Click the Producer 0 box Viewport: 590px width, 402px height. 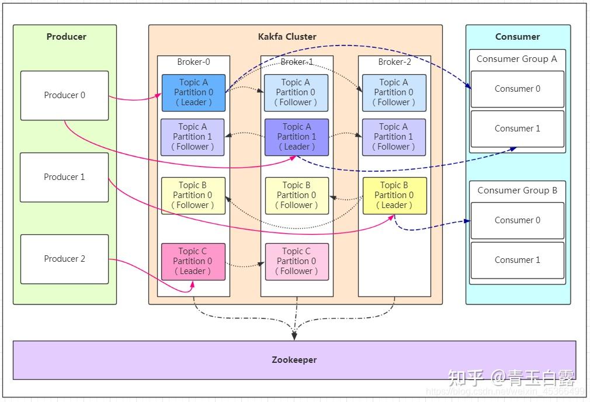[x=64, y=95]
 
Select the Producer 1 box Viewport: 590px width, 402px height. [x=64, y=177]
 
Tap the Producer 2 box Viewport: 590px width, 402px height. [x=64, y=259]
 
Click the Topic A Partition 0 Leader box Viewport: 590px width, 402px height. [x=193, y=92]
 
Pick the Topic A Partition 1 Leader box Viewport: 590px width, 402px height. [x=296, y=137]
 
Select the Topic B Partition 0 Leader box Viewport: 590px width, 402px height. [x=394, y=195]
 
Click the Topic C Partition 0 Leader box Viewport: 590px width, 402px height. [x=193, y=261]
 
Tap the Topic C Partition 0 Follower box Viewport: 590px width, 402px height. [x=296, y=261]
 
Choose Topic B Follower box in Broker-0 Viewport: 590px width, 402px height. [x=193, y=195]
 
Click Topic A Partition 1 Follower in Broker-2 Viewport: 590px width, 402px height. [x=394, y=137]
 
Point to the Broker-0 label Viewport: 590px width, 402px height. [x=193, y=62]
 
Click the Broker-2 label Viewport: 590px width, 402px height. [x=394, y=62]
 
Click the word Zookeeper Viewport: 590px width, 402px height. [x=294, y=360]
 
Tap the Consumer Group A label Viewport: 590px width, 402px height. [x=516, y=59]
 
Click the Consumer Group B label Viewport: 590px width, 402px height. [x=517, y=190]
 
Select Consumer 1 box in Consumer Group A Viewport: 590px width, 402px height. [x=517, y=129]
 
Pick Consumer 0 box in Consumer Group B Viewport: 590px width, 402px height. [x=517, y=220]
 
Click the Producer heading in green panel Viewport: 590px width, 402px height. [x=66, y=36]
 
